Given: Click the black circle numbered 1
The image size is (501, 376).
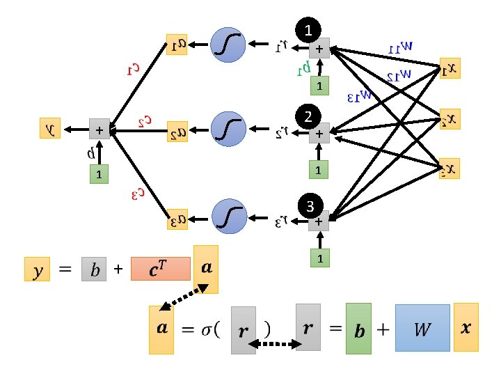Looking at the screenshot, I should (308, 31).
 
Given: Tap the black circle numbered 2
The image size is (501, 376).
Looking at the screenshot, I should (308, 115).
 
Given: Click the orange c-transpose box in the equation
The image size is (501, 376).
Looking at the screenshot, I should (160, 269).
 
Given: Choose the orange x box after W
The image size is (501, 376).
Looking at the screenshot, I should (466, 327).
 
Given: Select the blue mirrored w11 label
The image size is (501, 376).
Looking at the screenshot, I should (400, 47).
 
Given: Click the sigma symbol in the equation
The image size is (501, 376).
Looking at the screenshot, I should (207, 330).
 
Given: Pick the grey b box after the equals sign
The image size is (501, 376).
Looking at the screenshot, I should (94, 269).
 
